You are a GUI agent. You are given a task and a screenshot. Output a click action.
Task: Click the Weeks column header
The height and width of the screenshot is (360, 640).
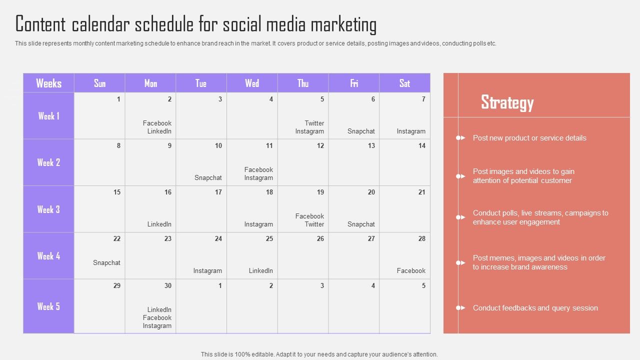point(48,83)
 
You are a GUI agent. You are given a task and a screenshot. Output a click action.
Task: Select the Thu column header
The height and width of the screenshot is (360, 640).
point(303,83)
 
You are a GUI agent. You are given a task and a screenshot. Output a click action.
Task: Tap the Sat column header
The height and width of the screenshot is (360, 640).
point(404,83)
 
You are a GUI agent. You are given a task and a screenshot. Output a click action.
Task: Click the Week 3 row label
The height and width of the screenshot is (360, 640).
point(48,209)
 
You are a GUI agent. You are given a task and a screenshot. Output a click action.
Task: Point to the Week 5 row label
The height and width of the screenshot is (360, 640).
point(48,306)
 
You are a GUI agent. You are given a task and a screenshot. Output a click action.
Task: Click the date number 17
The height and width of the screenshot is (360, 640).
point(218,192)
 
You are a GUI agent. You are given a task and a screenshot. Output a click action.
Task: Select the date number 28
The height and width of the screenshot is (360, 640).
point(421,239)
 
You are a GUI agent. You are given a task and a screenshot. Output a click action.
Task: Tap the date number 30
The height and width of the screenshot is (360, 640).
point(167,285)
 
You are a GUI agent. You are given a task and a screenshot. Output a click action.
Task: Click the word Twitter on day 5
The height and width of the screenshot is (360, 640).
point(314,123)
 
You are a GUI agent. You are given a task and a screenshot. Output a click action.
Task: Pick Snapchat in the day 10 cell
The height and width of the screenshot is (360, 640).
point(208,177)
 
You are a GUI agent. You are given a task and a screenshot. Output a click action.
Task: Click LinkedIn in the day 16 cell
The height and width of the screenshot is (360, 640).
point(159,224)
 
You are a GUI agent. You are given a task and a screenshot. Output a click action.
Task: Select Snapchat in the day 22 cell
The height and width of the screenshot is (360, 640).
point(106,263)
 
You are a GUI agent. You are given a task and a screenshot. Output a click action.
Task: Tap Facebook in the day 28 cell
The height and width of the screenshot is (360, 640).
point(411,271)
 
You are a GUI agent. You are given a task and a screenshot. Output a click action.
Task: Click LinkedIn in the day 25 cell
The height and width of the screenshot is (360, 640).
point(261,271)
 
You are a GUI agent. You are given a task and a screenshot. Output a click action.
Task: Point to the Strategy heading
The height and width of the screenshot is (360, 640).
point(507,102)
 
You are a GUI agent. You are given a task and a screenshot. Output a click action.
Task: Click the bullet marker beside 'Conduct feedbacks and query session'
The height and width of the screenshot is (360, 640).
point(460,307)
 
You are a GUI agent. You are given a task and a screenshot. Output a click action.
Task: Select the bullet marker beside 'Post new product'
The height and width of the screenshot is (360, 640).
point(460,138)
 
